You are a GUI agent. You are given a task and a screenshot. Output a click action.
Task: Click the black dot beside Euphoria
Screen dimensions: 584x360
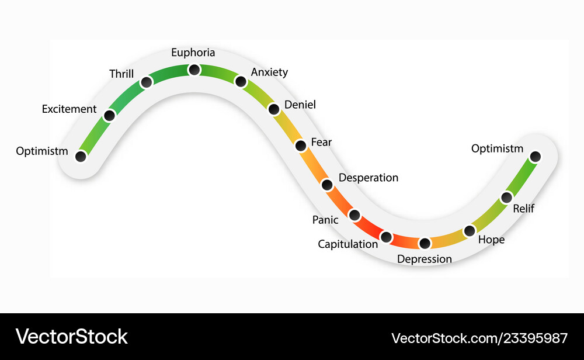[194, 70]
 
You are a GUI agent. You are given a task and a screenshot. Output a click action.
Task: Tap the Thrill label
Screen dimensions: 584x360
[121, 74]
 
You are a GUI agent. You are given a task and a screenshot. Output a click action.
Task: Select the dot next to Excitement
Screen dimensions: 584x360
[110, 116]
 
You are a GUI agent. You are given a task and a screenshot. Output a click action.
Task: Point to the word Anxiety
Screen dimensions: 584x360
[269, 72]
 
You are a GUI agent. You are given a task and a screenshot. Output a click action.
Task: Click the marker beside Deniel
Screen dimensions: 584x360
[274, 109]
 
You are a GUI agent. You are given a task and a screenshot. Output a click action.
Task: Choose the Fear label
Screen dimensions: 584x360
[321, 142]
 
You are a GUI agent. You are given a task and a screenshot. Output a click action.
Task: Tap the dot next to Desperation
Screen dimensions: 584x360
[327, 185]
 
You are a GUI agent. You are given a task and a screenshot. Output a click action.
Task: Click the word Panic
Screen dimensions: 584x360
[325, 220]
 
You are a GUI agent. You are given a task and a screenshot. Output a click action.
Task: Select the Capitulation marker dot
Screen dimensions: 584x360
[386, 237]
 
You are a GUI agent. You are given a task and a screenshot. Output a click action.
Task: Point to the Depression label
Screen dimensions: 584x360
[424, 259]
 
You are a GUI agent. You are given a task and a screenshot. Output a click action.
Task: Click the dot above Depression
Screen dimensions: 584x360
[425, 243]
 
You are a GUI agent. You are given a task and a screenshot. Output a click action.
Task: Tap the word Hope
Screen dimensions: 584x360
[491, 240]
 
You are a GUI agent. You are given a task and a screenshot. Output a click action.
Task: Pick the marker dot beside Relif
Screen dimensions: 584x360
[506, 198]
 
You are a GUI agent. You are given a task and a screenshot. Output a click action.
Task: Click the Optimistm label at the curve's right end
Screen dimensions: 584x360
[497, 148]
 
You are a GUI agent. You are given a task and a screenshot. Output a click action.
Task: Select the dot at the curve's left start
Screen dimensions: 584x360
[81, 156]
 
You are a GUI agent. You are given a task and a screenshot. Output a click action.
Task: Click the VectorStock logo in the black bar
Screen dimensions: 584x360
[71, 337]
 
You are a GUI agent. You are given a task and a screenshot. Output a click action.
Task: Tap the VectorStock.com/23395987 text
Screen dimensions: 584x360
[479, 338]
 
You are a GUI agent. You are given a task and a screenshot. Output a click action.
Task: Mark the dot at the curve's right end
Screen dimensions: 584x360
[535, 157]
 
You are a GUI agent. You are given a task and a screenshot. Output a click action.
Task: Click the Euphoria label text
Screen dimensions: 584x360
[193, 53]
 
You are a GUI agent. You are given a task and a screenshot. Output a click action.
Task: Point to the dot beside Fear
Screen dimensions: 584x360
[301, 146]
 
